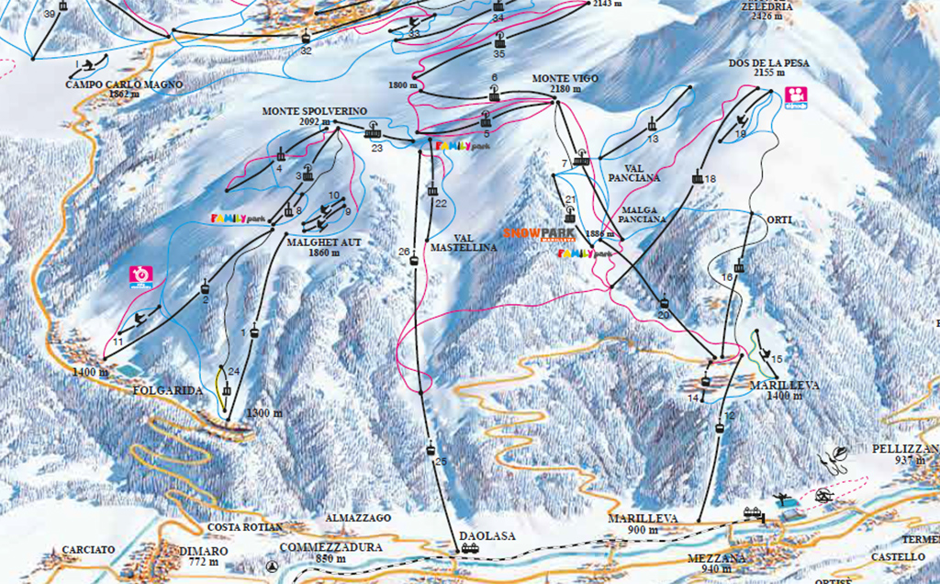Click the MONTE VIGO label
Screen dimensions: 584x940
coord(565,79)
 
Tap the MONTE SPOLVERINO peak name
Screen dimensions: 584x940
coord(301,111)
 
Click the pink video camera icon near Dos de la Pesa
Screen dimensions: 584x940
coord(795,96)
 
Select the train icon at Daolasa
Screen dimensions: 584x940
coord(470,548)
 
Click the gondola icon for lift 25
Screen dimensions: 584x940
coord(431,449)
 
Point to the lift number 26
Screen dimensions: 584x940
coord(404,252)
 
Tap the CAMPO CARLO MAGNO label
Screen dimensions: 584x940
coord(125,84)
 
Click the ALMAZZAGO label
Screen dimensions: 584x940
coord(359,518)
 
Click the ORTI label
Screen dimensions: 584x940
coord(778,220)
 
